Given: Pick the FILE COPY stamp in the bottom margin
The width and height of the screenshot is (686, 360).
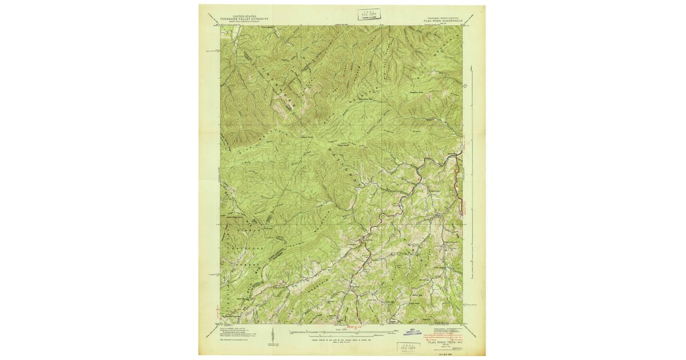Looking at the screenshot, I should (x=408, y=346).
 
